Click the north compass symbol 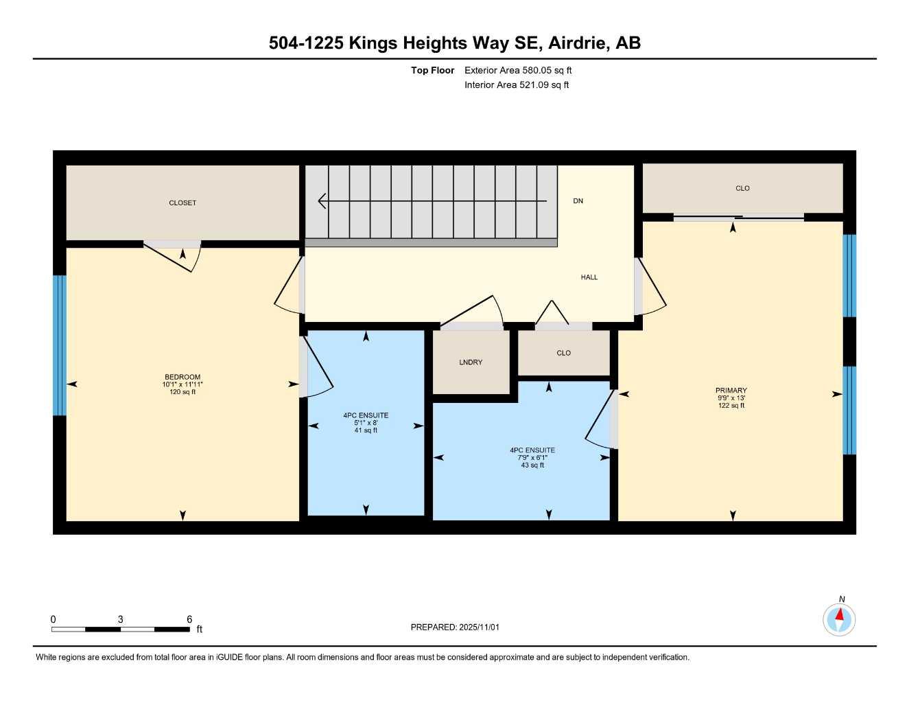pos(838,619)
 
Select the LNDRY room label pos(471,362)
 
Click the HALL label pos(589,277)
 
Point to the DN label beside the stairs pos(578,201)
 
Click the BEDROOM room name pos(182,377)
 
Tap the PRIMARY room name pos(731,391)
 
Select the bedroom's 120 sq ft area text pos(182,392)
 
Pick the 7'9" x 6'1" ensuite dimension pos(532,458)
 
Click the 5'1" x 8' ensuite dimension pos(366,423)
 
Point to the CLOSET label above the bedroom pos(182,203)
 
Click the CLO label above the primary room pos(742,188)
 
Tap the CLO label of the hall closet pos(563,353)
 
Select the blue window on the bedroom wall pos(60,345)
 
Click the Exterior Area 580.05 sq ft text pos(518,70)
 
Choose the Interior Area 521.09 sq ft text pos(517,85)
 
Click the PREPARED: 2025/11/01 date pos(455,627)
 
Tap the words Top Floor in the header pos(432,70)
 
